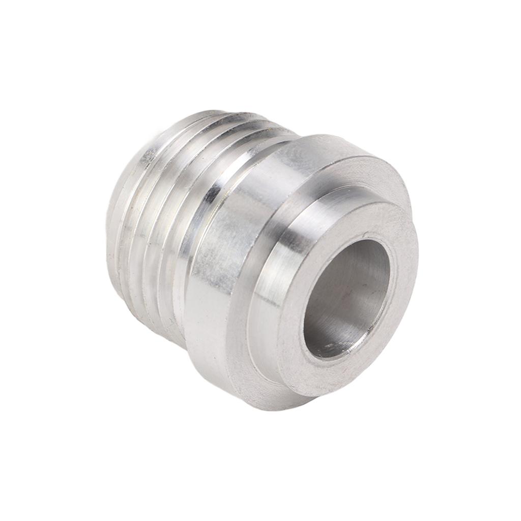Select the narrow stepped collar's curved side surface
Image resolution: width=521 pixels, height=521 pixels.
pyautogui.click(x=285, y=285)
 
